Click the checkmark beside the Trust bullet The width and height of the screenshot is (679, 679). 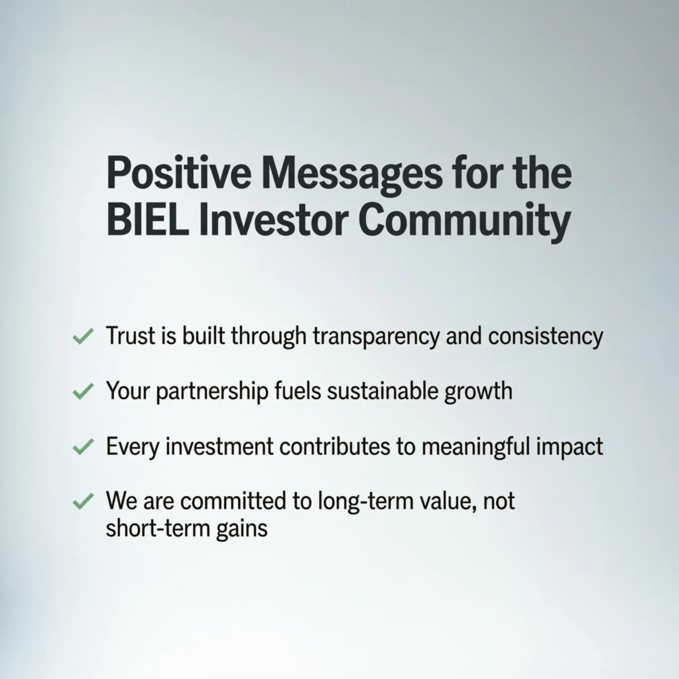coord(82,338)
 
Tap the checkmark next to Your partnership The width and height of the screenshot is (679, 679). coord(82,392)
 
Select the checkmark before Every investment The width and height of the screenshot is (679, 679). coord(82,448)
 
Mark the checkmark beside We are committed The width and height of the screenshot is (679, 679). coord(82,502)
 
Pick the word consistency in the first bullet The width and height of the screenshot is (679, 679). coord(545,337)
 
